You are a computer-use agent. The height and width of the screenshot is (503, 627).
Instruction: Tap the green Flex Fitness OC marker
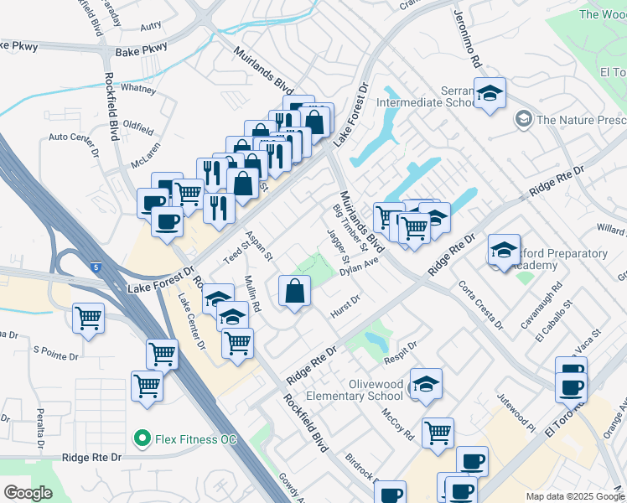[x=142, y=438]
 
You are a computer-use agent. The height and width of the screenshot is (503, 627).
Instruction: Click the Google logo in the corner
[x=28, y=493]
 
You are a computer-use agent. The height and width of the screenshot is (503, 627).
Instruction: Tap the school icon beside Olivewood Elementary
[x=427, y=384]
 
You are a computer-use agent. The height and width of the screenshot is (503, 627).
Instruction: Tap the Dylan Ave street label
[x=360, y=266]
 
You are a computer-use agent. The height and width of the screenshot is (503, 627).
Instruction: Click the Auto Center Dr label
[x=73, y=137]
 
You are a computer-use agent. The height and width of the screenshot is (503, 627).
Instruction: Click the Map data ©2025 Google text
[x=575, y=496]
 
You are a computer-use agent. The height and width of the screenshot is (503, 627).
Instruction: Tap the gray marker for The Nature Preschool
[x=524, y=119]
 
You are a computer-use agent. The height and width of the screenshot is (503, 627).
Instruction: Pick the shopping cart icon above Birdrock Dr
[x=438, y=433]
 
